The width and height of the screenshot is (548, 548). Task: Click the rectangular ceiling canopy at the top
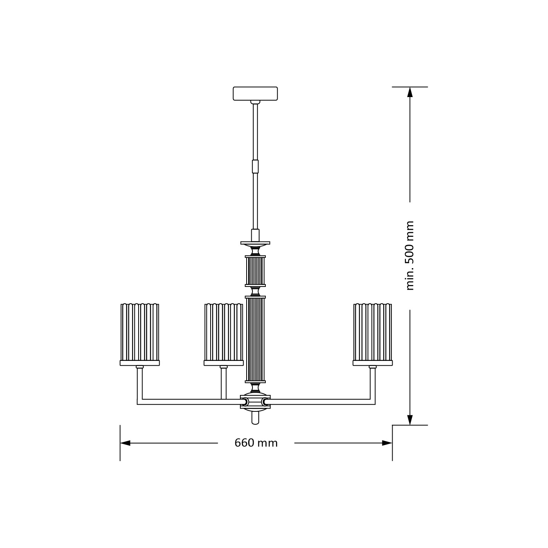click(x=255, y=94)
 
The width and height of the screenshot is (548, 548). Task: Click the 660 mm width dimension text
click(x=256, y=443)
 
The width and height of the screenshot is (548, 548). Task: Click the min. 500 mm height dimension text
click(x=410, y=256)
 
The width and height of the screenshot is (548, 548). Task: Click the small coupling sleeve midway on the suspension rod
click(x=255, y=166)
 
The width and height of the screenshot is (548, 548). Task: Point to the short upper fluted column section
click(x=255, y=271)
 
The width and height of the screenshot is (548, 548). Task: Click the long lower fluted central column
click(x=255, y=339)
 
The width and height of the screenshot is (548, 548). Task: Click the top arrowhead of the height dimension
click(x=410, y=92)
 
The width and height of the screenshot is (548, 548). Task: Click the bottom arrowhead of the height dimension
click(x=410, y=420)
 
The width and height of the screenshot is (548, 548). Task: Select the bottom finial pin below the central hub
click(x=255, y=418)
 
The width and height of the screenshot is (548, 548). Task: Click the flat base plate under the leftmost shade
click(x=140, y=363)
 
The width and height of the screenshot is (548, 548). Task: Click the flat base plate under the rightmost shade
click(x=372, y=363)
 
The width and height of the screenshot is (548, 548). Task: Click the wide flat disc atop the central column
click(x=255, y=243)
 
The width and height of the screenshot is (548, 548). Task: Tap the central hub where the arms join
click(x=255, y=402)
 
